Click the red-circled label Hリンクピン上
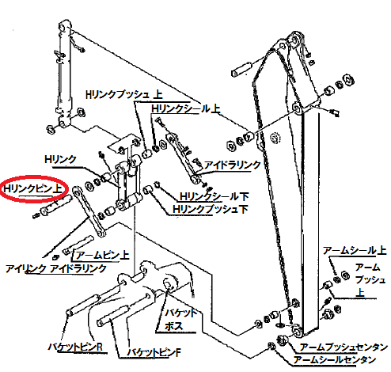32,189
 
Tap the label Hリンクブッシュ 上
124,94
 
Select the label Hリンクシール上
186,108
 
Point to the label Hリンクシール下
214,196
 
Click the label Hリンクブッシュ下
211,209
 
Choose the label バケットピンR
75,347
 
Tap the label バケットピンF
154,352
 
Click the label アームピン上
102,255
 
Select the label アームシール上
355,250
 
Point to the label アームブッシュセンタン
344,347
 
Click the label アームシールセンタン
335,359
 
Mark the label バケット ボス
180,320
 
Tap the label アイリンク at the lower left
25,269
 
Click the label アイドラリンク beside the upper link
233,165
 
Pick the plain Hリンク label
60,159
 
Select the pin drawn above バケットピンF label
113,316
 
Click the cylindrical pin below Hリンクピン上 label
55,205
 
